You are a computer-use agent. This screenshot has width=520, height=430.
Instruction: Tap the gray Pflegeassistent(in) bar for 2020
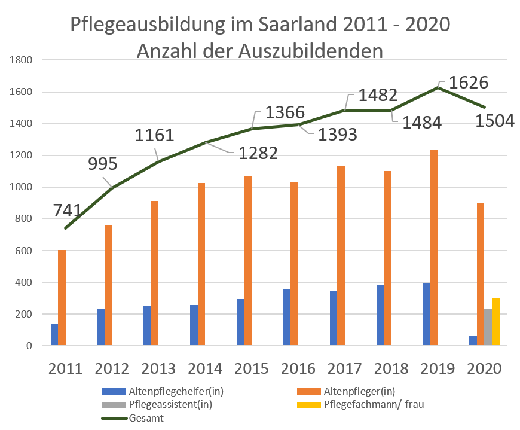point(488,327)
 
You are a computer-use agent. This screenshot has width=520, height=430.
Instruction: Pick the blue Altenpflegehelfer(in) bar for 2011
point(54,335)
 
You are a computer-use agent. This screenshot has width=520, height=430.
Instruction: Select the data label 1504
point(494,121)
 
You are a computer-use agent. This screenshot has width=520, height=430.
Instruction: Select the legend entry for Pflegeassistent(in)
point(171,405)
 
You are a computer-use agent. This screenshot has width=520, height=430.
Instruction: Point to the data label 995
point(102,164)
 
